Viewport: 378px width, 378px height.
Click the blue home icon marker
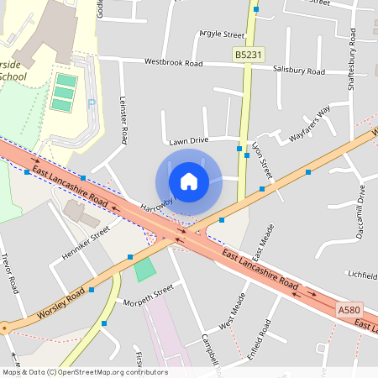(188, 181)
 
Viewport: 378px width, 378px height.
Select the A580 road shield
(349, 310)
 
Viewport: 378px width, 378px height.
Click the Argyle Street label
(222, 34)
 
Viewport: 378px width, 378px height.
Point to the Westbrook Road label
(174, 62)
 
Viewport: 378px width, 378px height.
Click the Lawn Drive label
(188, 141)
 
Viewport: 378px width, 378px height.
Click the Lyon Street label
(263, 160)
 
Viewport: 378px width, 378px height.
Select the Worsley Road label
(62, 307)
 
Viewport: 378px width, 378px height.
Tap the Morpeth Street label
(148, 295)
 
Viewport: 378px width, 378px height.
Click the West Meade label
(234, 312)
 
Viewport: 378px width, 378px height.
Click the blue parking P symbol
(92, 102)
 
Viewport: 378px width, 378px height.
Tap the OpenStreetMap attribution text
(84, 372)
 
